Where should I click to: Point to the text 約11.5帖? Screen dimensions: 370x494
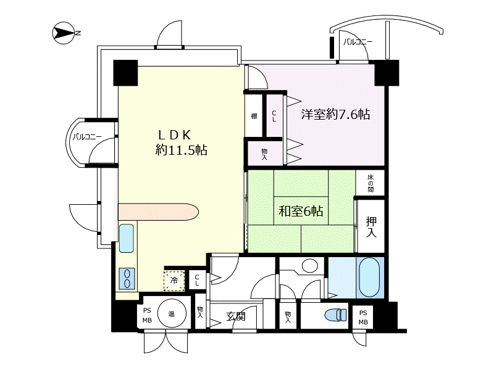tap(181, 150)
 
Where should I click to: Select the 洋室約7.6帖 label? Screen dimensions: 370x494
tap(335, 114)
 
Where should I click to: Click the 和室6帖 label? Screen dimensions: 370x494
tap(301, 212)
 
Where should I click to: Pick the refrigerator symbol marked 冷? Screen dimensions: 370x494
tap(174, 280)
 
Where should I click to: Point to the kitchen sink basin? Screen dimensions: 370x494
tap(127, 239)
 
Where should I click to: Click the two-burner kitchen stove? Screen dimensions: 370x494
tap(126, 278)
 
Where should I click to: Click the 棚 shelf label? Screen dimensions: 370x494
tap(254, 116)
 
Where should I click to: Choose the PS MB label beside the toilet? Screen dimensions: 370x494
tap(363, 317)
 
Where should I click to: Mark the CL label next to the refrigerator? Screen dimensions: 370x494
tap(197, 280)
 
